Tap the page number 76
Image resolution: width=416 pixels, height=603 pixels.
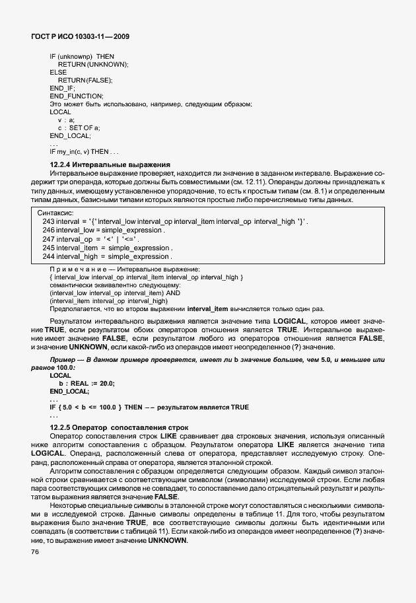coord(34,551)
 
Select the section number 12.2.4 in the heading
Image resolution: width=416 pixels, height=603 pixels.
coord(60,164)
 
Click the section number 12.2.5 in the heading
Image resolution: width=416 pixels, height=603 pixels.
coord(60,428)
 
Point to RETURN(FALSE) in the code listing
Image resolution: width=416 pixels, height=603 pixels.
coord(85,80)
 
